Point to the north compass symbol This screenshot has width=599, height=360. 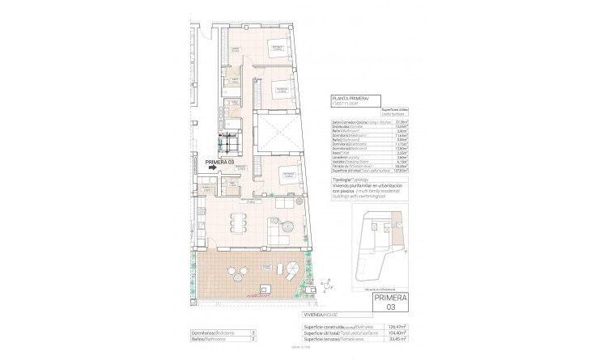click(325, 284)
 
